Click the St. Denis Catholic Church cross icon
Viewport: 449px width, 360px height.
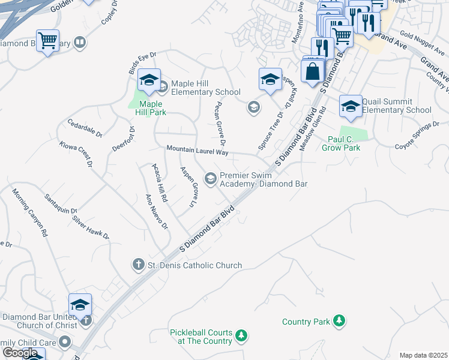tap(138, 265)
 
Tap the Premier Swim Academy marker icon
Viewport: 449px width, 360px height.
tap(211, 178)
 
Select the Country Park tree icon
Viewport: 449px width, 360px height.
tap(339, 321)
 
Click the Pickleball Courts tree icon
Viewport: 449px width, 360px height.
tap(241, 335)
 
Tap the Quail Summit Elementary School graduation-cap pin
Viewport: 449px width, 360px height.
tap(351, 106)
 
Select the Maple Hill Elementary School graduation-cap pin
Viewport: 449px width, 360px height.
tap(149, 79)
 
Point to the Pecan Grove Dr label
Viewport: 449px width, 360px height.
tap(220, 122)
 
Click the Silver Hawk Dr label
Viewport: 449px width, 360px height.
tap(91, 226)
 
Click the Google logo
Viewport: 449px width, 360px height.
tap(20, 353)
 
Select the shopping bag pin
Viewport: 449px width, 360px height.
tap(312, 71)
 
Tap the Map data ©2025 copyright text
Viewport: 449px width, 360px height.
tap(423, 355)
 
